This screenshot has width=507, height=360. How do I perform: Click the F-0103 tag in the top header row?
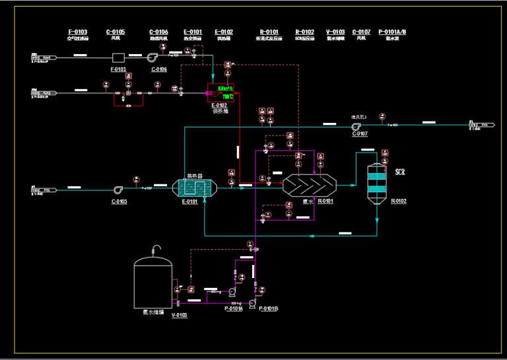pyautogui.click(x=78, y=32)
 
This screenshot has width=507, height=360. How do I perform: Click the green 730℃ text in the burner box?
pyautogui.click(x=227, y=96)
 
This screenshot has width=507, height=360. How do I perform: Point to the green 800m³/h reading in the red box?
pyautogui.click(x=225, y=89)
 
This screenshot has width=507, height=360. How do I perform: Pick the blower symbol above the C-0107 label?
pyautogui.click(x=356, y=126)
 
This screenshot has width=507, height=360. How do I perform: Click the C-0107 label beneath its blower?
pyautogui.click(x=360, y=134)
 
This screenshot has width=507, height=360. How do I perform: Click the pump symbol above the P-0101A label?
pyautogui.click(x=232, y=291)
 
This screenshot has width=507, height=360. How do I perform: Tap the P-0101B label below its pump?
pyautogui.click(x=269, y=308)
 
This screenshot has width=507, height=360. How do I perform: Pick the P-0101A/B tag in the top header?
pyautogui.click(x=392, y=32)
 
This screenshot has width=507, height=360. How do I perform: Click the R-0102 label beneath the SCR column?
pyautogui.click(x=399, y=201)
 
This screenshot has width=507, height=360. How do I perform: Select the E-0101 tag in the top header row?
pyautogui.click(x=193, y=32)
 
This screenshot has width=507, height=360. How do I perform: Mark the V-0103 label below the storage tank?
pyautogui.click(x=179, y=315)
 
